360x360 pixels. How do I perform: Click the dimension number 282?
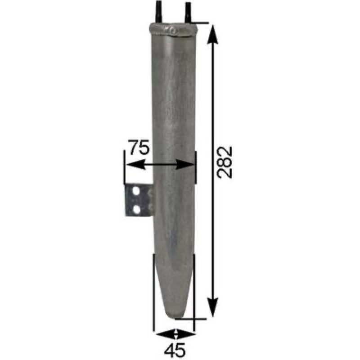pos(225,162)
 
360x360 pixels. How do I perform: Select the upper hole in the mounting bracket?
pos(136,191)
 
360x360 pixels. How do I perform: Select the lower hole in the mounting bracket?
pos(136,209)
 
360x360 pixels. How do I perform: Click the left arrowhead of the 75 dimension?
pos(136,165)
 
